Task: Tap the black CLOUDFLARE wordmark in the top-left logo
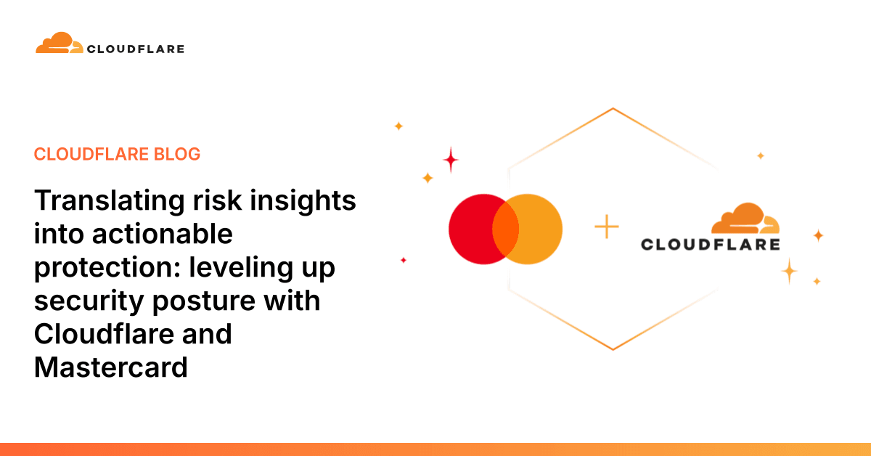135,49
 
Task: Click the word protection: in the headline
107,267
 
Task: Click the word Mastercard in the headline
111,367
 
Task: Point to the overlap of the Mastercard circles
506,229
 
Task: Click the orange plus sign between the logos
607,227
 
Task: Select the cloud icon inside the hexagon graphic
744,219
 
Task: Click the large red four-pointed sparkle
451,159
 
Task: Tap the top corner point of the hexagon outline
613,109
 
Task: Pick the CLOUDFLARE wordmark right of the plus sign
710,245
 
